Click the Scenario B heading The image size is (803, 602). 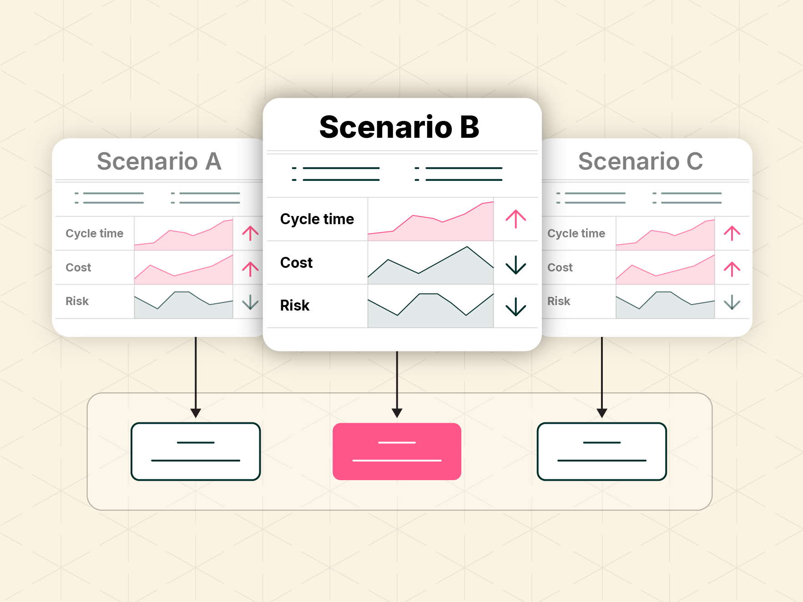point(399,127)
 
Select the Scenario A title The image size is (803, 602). point(159,161)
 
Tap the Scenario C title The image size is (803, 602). point(641,161)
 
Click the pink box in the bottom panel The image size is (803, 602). point(397,451)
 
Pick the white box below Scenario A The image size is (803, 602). point(196,451)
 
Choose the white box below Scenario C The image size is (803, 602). point(602,451)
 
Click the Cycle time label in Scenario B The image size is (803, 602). point(317,219)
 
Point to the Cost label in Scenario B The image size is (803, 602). point(297,262)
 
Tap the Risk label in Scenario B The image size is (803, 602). point(295,305)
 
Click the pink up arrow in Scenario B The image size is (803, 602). point(516,219)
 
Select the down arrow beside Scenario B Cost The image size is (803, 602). point(516,265)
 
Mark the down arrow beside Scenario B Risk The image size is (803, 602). point(516,306)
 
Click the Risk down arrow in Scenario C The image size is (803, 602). point(732,302)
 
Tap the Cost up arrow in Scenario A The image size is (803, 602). point(250,269)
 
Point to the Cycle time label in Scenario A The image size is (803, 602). point(95,233)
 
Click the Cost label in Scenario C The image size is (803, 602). point(560,267)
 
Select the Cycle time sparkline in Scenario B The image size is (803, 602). point(430,221)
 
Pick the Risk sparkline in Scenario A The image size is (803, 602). point(183,304)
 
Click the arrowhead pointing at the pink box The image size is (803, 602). point(397,413)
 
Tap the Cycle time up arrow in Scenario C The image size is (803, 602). point(732,233)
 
